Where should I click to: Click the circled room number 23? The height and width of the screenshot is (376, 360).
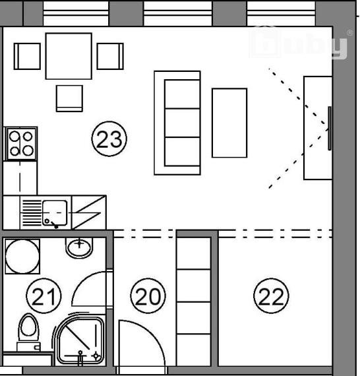pos(109,139)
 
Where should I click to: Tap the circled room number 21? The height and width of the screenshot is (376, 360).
pos(44,296)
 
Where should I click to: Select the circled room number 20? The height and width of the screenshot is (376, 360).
pos(148,296)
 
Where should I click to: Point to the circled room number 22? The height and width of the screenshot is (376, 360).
pos(271,296)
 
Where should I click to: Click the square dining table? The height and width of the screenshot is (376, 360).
pos(69,56)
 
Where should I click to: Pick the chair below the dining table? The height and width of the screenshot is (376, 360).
pos(69,98)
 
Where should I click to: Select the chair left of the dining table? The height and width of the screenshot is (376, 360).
pos(27,56)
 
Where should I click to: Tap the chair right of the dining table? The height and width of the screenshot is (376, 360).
pos(110,56)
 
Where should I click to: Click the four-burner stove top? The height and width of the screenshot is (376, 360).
pos(21,144)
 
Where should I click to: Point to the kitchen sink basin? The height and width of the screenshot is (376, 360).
pos(55,213)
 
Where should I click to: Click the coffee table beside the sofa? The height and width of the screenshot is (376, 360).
pos(229,123)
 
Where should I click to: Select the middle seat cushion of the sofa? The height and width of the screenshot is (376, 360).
pos(183,123)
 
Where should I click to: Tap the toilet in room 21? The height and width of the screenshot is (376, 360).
pos(28,331)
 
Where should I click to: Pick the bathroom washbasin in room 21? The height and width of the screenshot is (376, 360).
pos(79,248)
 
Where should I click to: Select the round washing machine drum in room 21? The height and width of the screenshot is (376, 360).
pos(22,257)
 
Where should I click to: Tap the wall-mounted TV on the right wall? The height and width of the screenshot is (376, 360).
pos(330,129)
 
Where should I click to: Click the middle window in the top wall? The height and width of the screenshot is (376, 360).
pos(177,13)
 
